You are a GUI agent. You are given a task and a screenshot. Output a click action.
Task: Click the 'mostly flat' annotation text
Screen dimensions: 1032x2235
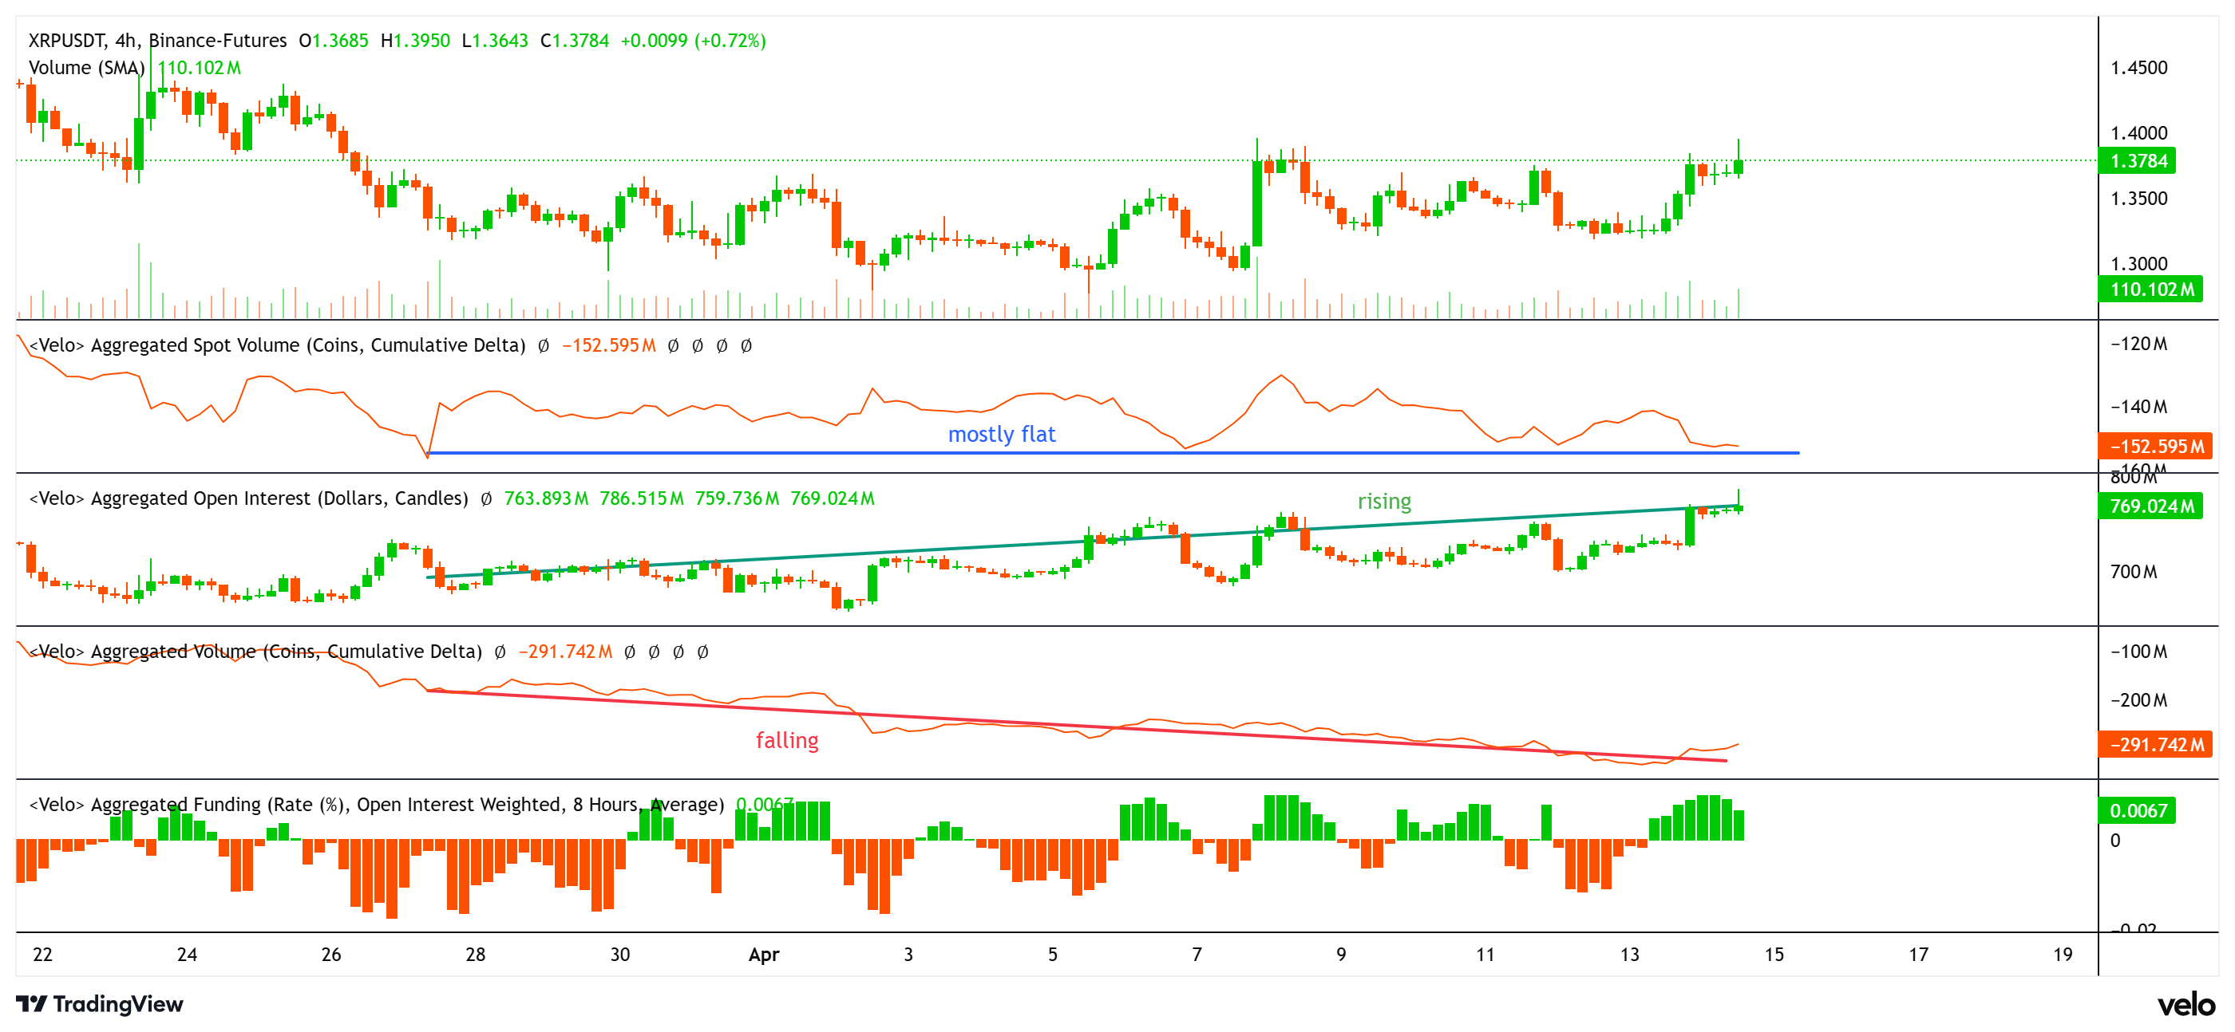click(x=1001, y=435)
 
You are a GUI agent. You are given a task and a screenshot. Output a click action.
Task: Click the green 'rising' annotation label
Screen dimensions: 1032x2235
click(x=1384, y=502)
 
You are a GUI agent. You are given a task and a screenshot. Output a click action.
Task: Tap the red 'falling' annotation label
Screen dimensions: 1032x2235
click(x=787, y=741)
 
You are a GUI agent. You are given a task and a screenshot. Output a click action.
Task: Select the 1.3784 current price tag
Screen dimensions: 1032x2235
click(x=2138, y=161)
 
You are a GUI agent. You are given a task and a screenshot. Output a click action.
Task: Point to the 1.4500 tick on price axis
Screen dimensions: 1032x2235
click(x=2138, y=68)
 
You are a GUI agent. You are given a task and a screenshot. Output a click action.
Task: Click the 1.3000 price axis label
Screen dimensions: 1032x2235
click(x=2138, y=264)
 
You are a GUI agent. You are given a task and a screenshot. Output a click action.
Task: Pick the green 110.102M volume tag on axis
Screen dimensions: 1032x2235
click(x=2151, y=290)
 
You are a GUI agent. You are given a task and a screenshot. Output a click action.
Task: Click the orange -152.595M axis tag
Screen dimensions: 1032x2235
click(x=2155, y=447)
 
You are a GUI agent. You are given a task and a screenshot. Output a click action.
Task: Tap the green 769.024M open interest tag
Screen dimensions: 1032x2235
click(x=2151, y=506)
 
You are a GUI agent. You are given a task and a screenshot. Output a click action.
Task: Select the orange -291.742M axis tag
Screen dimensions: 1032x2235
click(x=2155, y=745)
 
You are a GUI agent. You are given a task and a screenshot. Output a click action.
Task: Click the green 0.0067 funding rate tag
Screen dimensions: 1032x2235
click(x=2138, y=811)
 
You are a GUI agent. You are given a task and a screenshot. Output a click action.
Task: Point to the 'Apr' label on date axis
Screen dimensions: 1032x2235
click(x=764, y=955)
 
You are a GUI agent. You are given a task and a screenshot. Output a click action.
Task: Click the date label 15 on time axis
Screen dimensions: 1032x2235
click(x=1774, y=955)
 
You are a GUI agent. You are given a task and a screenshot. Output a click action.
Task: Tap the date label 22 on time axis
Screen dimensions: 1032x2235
click(x=42, y=955)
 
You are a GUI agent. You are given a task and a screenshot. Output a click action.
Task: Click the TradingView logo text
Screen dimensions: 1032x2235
click(x=117, y=1004)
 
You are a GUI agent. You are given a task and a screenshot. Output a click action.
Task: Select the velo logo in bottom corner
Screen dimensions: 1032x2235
click(x=2186, y=1004)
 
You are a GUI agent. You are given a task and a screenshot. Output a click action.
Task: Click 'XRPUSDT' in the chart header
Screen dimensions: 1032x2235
click(x=67, y=41)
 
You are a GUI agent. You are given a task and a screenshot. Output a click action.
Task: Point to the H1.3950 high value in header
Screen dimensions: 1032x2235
click(x=416, y=41)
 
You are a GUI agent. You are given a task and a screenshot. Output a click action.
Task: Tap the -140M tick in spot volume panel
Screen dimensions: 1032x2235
click(x=2138, y=407)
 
